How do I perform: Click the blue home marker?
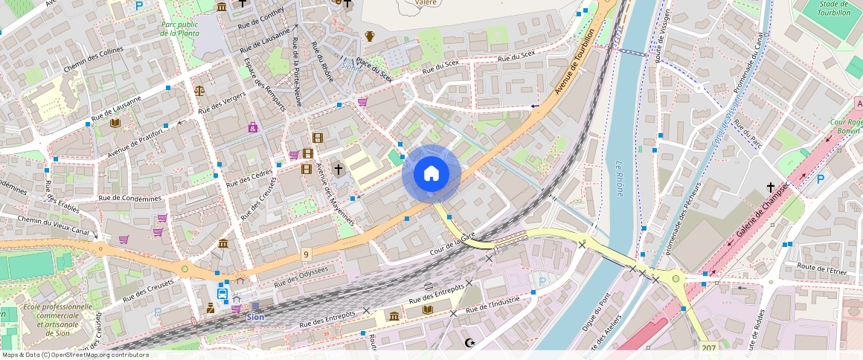431,173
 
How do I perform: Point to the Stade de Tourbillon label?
833,8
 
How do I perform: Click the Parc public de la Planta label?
179,28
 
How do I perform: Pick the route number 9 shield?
306,255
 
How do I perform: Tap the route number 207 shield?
708,347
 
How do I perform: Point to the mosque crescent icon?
469,343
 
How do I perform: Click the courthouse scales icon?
199,90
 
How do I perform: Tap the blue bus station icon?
222,293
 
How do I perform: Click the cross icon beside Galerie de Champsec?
771,187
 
